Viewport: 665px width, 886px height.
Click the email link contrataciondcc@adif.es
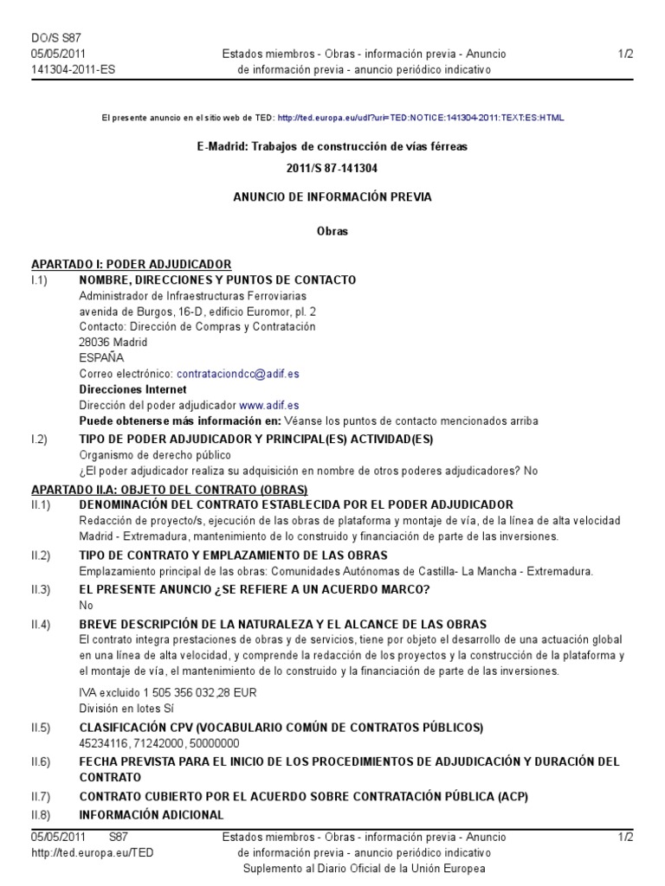pyautogui.click(x=237, y=374)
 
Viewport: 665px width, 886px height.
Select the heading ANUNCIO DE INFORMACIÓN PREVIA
pyautogui.click(x=332, y=197)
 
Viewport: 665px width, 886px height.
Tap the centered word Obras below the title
pyautogui.click(x=332, y=232)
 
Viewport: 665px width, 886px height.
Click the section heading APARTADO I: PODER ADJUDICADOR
pyautogui.click(x=131, y=264)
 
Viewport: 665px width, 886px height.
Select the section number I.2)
pyautogui.click(x=39, y=440)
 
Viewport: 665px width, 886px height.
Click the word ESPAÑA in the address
pyautogui.click(x=101, y=357)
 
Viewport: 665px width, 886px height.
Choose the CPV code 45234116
pyautogui.click(x=102, y=743)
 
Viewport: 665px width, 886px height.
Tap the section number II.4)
pyautogui.click(x=41, y=624)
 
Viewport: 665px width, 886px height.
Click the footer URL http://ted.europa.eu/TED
pyautogui.click(x=93, y=852)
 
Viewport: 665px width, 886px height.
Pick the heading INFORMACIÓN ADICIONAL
pyautogui.click(x=152, y=814)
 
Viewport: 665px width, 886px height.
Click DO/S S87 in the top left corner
pyautogui.click(x=55, y=38)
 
